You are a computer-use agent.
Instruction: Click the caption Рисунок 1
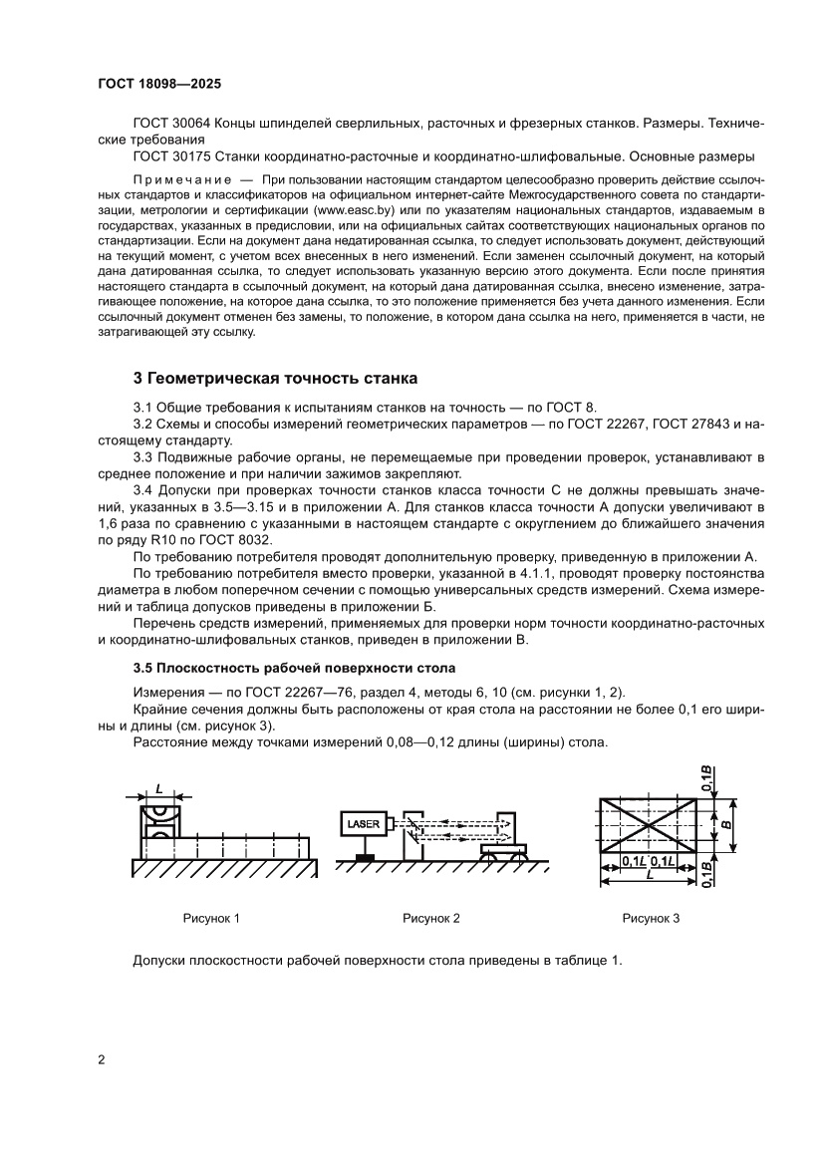pyautogui.click(x=211, y=918)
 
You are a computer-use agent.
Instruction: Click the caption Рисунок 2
pyautogui.click(x=431, y=918)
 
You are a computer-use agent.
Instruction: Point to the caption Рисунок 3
pyautogui.click(x=651, y=918)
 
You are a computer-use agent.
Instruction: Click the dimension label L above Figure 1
pyautogui.click(x=158, y=787)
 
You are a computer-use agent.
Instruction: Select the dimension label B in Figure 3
pyautogui.click(x=726, y=825)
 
